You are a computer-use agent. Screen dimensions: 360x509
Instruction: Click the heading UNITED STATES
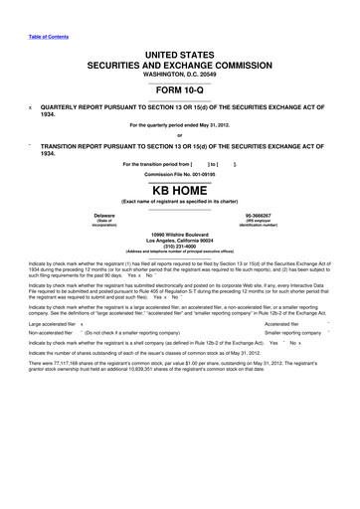point(179,63)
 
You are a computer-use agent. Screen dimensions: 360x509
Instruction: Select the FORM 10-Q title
point(179,96)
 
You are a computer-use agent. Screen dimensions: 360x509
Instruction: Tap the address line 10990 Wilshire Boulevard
point(179,235)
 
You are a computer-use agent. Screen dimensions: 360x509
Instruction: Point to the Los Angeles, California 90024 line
point(179,241)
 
